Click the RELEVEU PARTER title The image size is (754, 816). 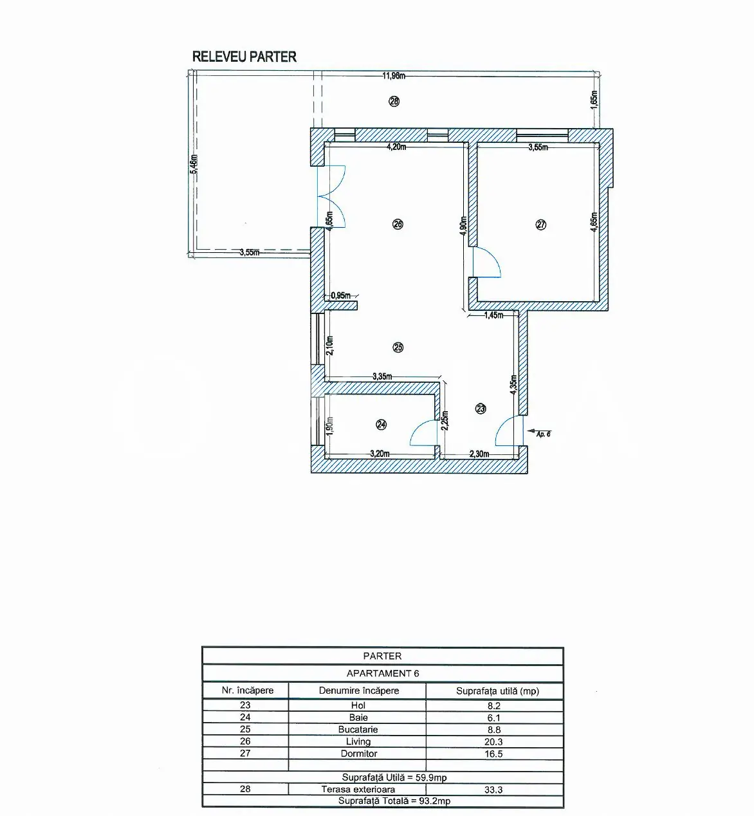point(244,57)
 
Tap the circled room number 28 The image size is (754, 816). point(394,101)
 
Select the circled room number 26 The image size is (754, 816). point(398,224)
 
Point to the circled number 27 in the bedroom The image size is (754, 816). point(541,225)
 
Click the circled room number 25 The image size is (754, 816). point(398,348)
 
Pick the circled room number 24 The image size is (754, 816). point(382,425)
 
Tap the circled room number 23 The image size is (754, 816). point(481,409)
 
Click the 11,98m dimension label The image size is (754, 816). point(394,76)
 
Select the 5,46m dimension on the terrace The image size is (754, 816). point(194,164)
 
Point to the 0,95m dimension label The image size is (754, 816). point(340,295)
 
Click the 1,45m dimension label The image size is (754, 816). point(493,315)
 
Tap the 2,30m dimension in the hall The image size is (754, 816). point(479,454)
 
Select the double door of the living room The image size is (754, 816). point(331,196)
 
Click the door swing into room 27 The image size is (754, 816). point(487,262)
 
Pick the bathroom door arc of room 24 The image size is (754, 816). point(423,432)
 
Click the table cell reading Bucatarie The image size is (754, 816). point(358,729)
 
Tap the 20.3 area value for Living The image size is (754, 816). point(493,741)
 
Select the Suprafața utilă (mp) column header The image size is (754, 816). point(497,691)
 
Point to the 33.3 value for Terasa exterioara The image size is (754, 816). point(493,790)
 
